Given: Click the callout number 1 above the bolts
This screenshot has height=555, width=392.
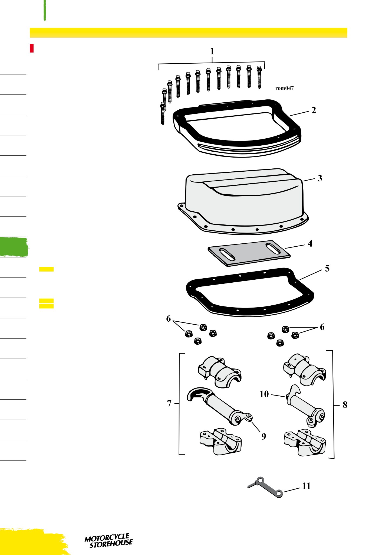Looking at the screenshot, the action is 212,51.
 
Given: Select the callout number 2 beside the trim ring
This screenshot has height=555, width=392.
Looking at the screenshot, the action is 314,110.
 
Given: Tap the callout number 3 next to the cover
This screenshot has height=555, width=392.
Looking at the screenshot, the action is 320,178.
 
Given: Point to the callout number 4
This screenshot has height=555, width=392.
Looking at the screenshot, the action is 310,243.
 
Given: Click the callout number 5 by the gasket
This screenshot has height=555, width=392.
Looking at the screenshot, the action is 327,268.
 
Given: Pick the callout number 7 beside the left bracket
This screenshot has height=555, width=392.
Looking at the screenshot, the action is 169,403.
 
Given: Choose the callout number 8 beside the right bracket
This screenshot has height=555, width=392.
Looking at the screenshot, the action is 345,405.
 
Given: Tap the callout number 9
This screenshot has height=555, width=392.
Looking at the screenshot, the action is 264,436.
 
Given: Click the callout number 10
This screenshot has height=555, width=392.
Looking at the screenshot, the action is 264,394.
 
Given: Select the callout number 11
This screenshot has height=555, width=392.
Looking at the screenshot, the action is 306,486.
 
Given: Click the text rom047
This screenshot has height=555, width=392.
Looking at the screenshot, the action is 284,88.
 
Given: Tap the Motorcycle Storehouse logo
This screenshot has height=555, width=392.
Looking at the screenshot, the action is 108,541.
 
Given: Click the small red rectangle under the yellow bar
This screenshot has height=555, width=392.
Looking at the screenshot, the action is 32,48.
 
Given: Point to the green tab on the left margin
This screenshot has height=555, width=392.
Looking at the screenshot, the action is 14,247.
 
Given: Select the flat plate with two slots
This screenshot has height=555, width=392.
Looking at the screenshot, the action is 249,253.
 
